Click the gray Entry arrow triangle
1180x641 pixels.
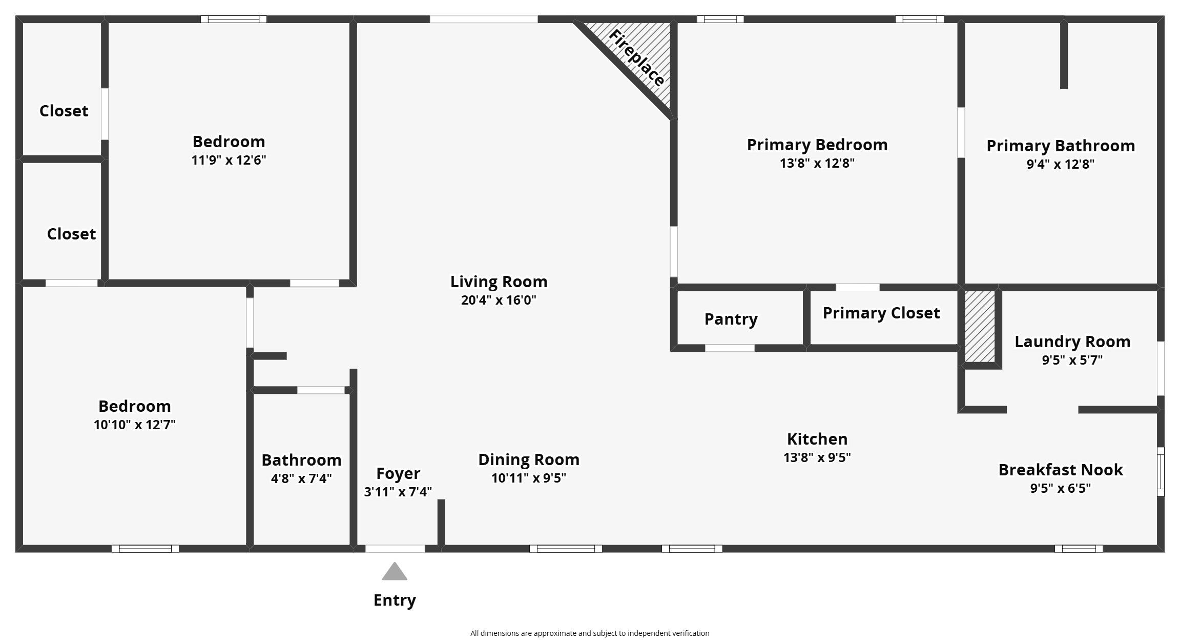395,572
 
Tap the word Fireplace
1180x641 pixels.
637,58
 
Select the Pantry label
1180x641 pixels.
731,319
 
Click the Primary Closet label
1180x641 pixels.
881,313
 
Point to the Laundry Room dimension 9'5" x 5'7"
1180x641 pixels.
1072,360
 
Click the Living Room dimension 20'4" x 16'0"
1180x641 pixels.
499,300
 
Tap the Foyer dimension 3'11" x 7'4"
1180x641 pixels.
398,492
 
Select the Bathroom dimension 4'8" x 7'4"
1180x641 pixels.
301,478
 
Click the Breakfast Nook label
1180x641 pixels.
1061,470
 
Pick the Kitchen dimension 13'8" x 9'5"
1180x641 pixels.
817,457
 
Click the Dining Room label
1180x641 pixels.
529,459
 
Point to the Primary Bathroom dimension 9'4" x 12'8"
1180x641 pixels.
1061,164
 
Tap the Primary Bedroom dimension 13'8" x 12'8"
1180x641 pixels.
817,163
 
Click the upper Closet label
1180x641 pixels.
64,111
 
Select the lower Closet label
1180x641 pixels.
71,234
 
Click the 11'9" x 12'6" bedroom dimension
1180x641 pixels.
229,160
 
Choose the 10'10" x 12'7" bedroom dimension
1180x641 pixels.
135,425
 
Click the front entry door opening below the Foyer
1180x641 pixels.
395,549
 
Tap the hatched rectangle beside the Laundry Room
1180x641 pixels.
980,327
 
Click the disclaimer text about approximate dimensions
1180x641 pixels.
590,633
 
